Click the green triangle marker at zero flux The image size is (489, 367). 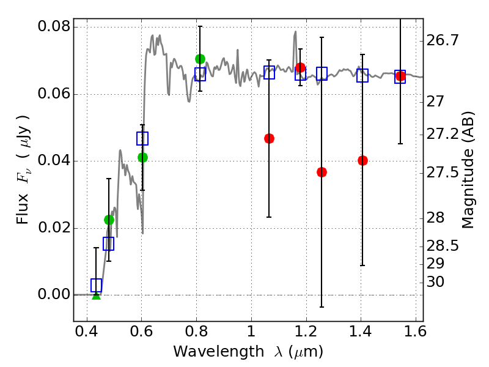tap(96, 295)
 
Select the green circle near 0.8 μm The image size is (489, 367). tap(200, 59)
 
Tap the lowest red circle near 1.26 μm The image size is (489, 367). tap(322, 172)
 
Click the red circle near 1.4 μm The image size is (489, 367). tap(362, 160)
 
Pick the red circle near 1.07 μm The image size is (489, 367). tap(269, 138)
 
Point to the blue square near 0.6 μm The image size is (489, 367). tap(142, 138)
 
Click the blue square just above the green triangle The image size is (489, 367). tap(96, 285)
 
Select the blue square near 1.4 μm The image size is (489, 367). tap(362, 76)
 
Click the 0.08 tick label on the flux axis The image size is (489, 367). tap(54, 28)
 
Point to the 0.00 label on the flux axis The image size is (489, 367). tap(54, 295)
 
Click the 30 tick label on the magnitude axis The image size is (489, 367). tap(435, 282)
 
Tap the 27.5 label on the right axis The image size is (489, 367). tap(443, 172)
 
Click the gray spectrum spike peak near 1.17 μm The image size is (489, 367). tap(295, 32)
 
